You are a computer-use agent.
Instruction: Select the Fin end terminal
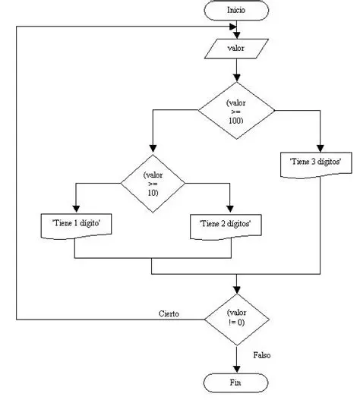(237, 381)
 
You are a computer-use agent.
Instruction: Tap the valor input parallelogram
(237, 48)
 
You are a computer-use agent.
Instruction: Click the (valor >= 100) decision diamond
(237, 110)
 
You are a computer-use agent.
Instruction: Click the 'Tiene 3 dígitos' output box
(321, 162)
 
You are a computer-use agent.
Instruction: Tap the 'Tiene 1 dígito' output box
(75, 225)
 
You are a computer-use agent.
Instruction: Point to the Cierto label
(169, 313)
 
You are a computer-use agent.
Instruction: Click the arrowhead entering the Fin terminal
(237, 368)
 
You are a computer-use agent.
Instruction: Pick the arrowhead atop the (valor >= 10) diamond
(153, 150)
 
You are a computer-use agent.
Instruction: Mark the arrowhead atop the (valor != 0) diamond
(237, 290)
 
